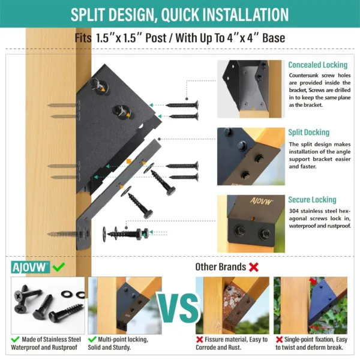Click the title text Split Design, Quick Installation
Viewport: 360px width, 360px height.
180,15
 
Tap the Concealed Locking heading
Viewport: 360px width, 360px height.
317,65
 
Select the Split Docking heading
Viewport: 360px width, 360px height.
308,133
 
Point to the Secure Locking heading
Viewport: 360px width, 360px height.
311,200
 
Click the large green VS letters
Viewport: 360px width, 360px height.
179,307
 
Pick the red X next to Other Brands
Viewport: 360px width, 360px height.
253,266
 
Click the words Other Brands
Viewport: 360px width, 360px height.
220,267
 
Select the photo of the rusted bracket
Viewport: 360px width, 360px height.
232,305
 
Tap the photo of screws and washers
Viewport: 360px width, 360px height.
48,305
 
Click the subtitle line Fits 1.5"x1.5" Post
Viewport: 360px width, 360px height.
180,38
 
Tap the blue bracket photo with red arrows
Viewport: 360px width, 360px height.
310,305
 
